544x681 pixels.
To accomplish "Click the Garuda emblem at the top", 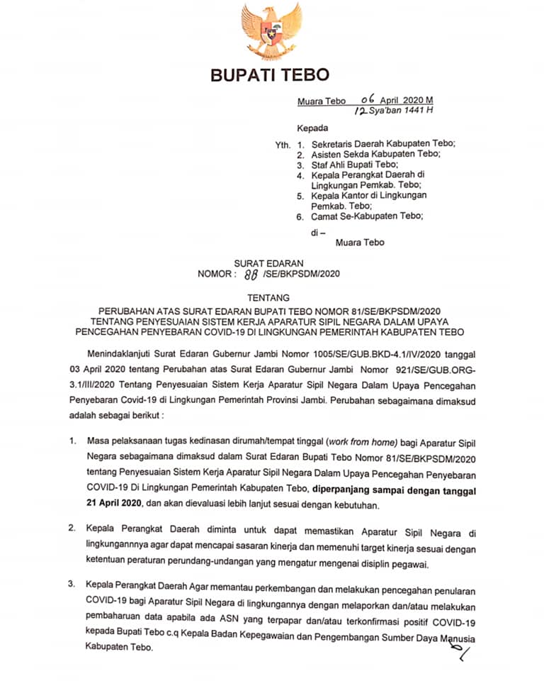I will (x=271, y=31).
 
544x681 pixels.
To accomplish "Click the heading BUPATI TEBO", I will (x=270, y=75).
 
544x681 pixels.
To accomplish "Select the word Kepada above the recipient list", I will (x=312, y=128).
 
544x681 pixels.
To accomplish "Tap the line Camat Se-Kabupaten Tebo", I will (x=367, y=216).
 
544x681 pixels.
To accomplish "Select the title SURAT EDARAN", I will (x=271, y=263).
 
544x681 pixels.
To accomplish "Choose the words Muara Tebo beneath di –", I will (x=360, y=242).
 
